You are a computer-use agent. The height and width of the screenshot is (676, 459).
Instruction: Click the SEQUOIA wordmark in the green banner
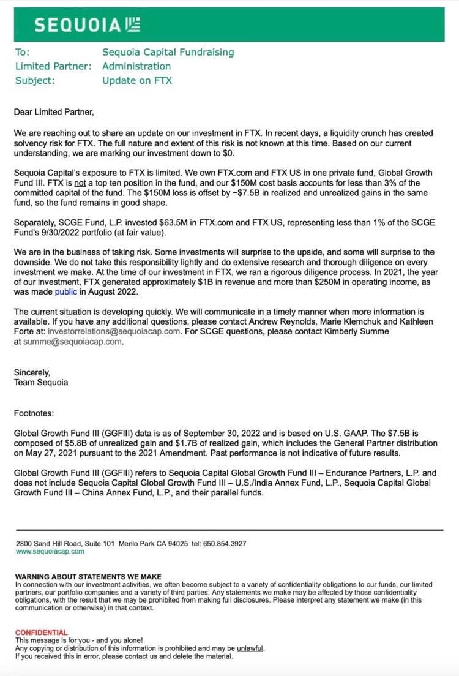[x=78, y=24]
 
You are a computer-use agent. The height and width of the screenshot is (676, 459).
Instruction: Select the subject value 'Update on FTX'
[x=137, y=80]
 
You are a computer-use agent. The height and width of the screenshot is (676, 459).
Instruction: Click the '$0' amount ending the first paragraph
[x=226, y=152]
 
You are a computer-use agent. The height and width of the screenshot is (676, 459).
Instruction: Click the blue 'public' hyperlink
[x=66, y=292]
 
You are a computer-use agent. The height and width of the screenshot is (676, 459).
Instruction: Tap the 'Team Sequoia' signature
[x=41, y=382]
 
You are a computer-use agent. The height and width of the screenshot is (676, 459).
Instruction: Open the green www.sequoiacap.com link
[x=50, y=551]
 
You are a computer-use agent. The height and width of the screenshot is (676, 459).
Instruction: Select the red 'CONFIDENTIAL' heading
[x=41, y=633]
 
